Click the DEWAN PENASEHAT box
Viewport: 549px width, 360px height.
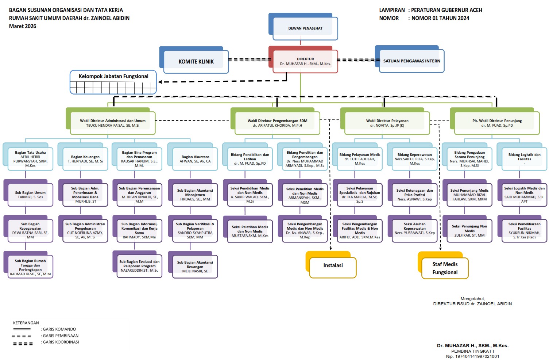point(305,28)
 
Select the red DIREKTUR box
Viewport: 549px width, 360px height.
point(305,61)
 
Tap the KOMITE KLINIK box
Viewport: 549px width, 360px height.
point(196,61)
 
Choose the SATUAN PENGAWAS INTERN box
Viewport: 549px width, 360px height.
point(411,61)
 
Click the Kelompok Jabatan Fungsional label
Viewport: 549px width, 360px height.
point(113,76)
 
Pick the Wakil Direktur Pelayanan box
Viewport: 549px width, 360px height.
point(387,123)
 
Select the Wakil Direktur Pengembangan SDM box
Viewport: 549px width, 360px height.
point(277,123)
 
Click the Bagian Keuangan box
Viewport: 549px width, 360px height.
point(85,159)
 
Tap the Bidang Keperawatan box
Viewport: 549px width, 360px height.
point(414,159)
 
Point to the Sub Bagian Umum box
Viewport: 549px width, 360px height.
point(30,195)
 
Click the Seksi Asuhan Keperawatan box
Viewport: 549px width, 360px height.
point(414,228)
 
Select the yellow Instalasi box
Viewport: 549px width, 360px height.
point(333,266)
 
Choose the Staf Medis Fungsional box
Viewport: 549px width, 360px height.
point(445,268)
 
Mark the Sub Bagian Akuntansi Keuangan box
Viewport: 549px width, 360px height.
point(195,267)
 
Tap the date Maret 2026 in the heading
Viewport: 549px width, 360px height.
point(23,26)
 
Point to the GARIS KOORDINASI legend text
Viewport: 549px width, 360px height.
point(61,342)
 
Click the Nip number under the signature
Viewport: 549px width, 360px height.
point(472,356)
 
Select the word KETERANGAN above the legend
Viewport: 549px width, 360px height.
point(26,323)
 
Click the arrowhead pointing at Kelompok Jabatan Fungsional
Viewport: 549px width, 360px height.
point(160,82)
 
